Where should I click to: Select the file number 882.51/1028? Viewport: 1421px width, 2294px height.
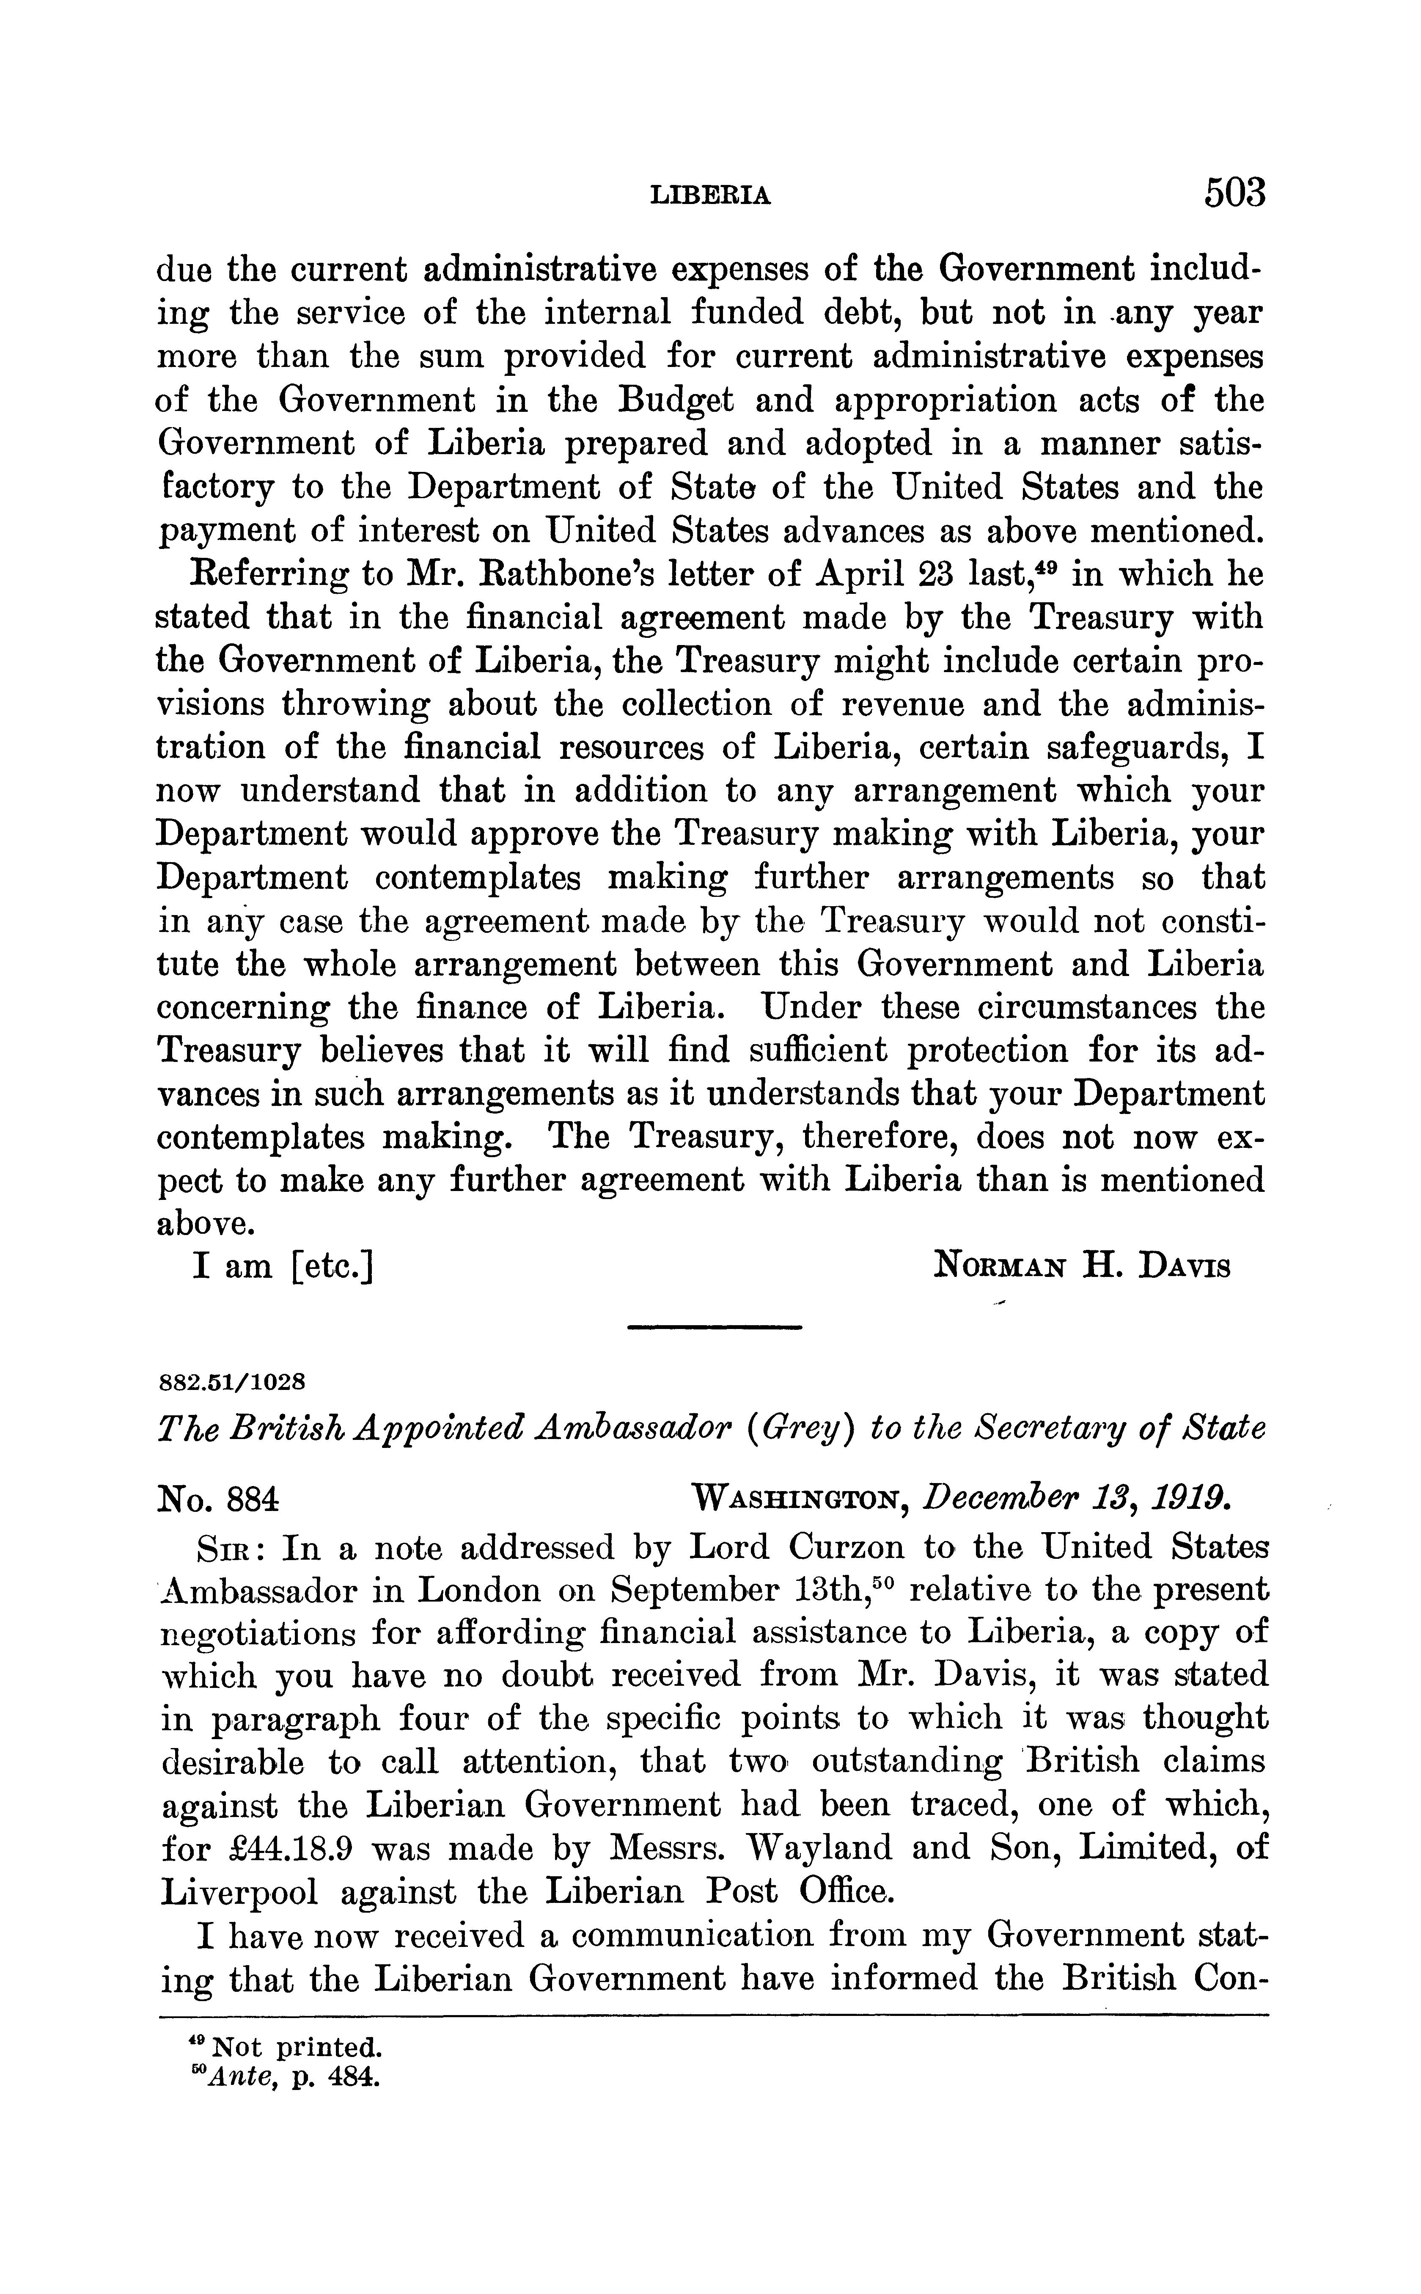[x=231, y=1381]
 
